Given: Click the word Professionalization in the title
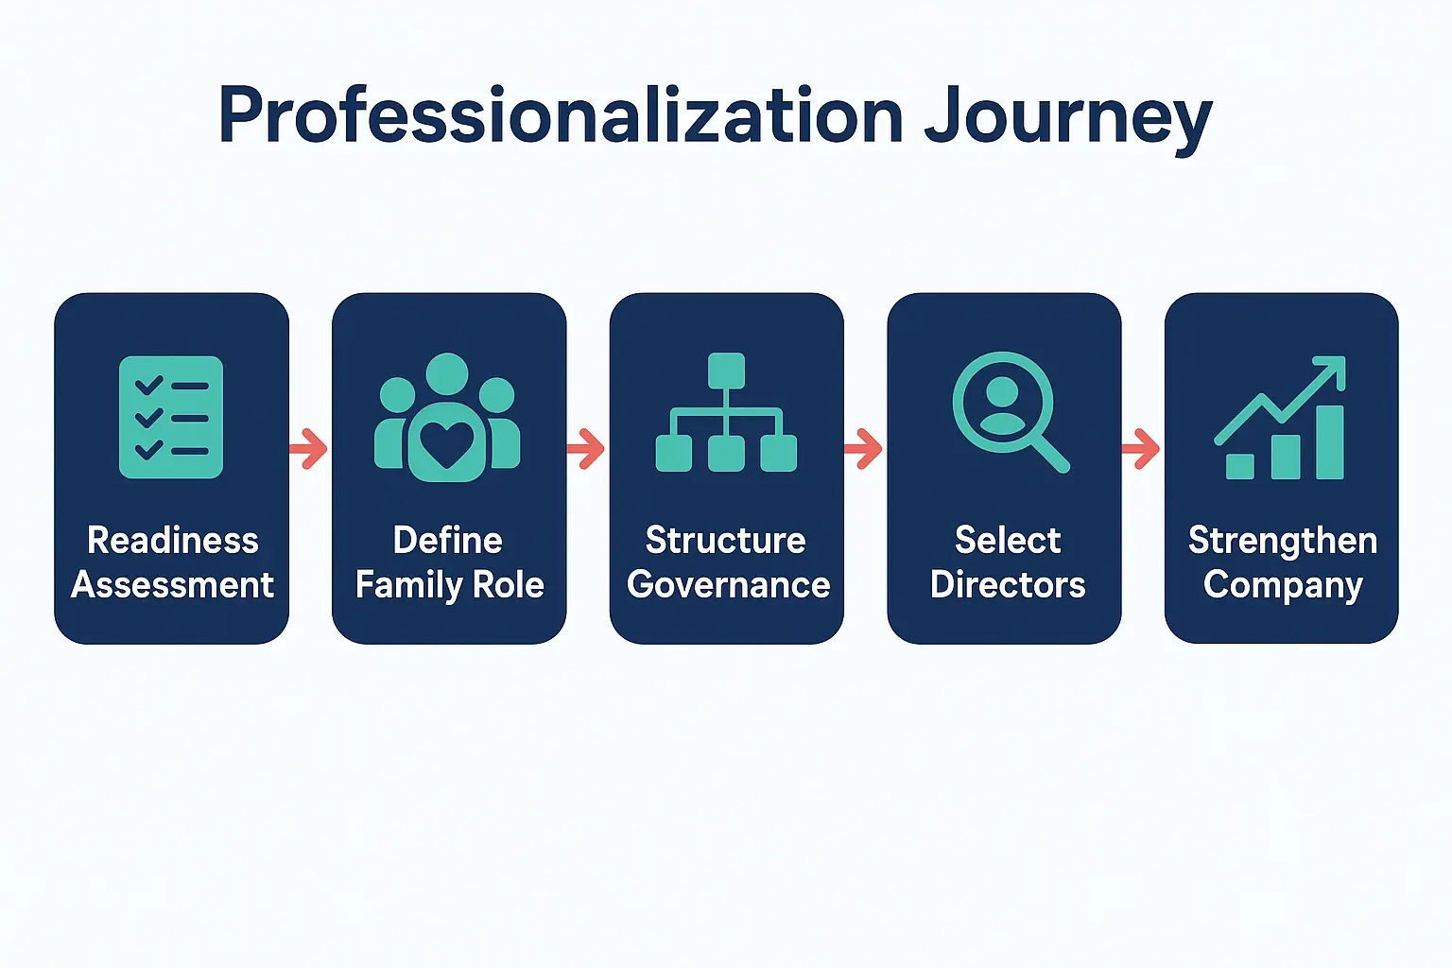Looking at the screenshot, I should [560, 115].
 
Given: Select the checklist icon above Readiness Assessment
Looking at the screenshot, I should [171, 417].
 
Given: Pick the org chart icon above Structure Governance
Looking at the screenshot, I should [726, 412].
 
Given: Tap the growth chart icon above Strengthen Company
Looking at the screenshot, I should [1282, 418].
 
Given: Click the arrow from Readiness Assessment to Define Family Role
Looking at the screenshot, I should [309, 448].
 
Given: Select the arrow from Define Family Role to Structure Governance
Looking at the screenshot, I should [587, 448].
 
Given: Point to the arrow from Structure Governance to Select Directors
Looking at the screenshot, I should [864, 448].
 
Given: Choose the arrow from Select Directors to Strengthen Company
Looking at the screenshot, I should [1142, 448].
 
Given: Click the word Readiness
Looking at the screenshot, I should [172, 541].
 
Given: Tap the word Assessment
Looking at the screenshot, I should [172, 585].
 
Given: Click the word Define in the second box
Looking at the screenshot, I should [447, 541].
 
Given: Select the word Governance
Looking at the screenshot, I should [728, 585].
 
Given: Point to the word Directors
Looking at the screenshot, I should [1008, 585].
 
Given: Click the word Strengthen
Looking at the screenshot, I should [1282, 541].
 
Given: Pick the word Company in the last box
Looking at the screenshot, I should [1282, 586].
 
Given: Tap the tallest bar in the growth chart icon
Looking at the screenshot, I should [1329, 441].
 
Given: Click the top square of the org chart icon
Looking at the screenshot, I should [726, 370].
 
